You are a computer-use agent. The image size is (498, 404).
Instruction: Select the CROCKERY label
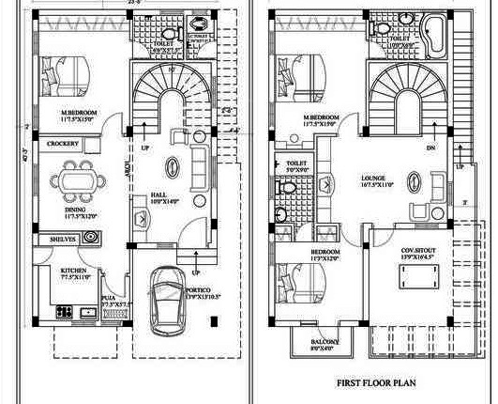pyautogui.click(x=63, y=144)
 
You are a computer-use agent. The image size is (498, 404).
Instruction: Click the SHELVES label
pyautogui.click(x=63, y=240)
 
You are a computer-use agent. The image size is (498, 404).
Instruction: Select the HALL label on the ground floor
pyautogui.click(x=158, y=195)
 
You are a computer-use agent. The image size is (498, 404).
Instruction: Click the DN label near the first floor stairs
pyautogui.click(x=431, y=148)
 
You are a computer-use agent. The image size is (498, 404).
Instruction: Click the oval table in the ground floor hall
pyautogui.click(x=172, y=165)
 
